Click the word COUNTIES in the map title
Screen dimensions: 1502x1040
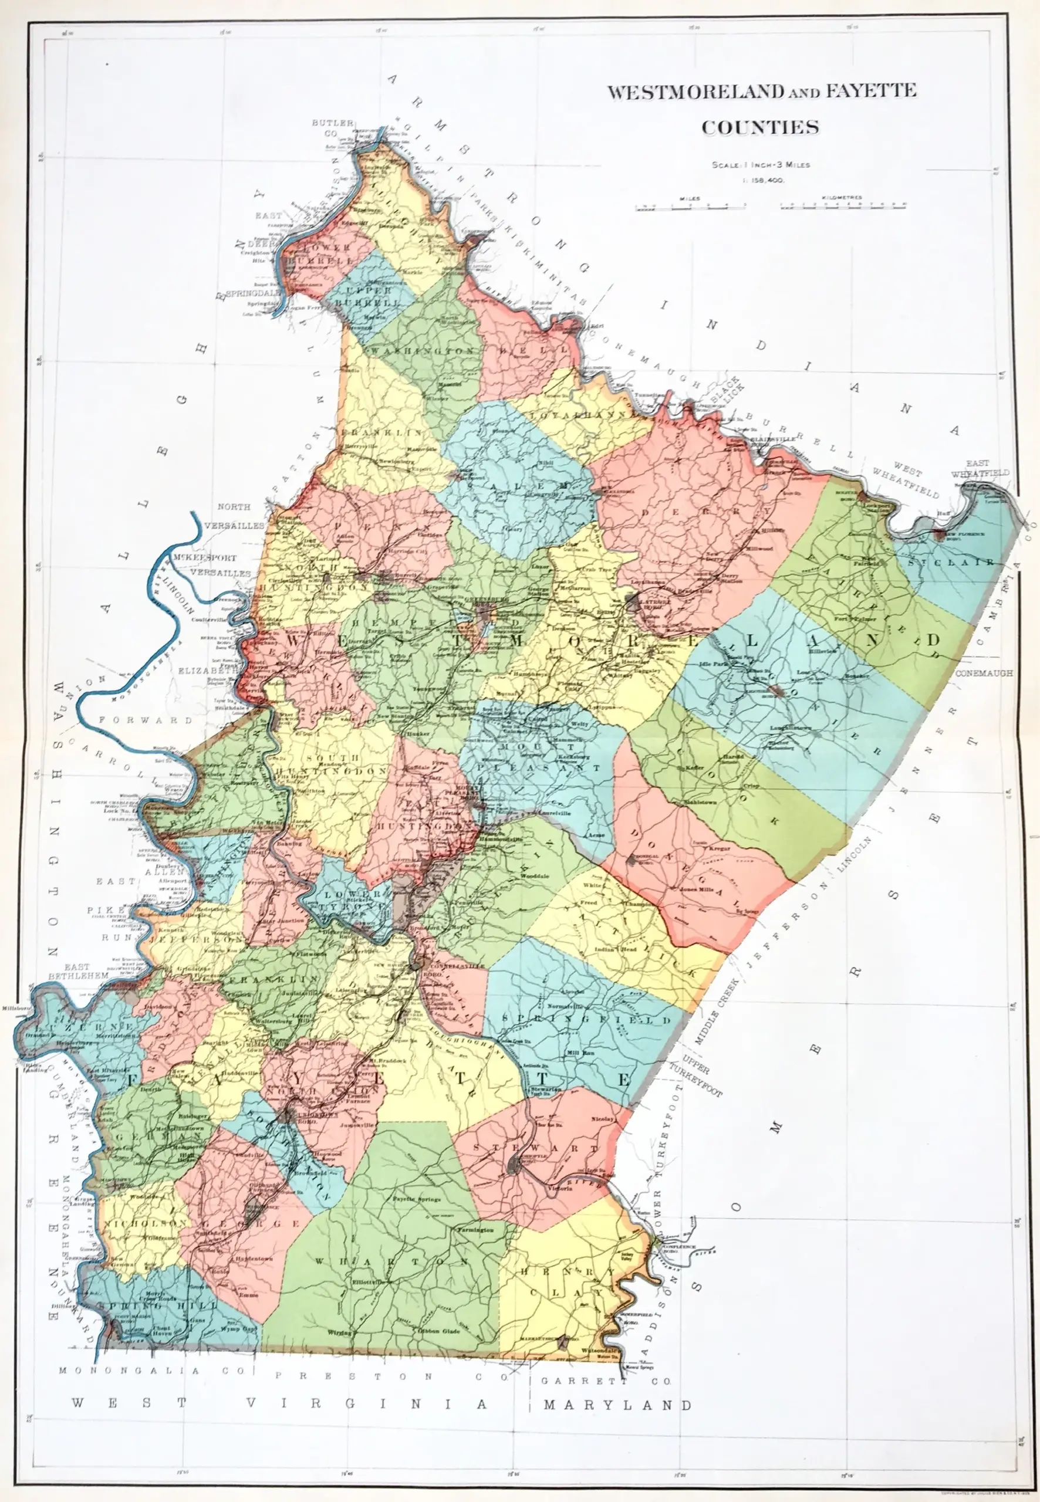click(x=760, y=126)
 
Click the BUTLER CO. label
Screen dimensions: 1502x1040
click(x=332, y=126)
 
